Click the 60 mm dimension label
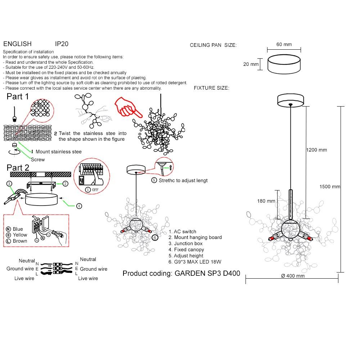284,44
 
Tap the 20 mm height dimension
251,64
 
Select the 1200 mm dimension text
316,150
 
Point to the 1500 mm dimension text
330,186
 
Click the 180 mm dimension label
266,201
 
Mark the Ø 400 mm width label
292,276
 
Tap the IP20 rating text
62,44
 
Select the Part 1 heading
18,96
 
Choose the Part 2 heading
18,168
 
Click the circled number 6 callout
155,238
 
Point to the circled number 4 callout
79,206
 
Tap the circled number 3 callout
9,184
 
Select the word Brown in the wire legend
20,241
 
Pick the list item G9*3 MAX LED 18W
195,262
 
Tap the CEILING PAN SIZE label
213,45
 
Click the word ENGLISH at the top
17,44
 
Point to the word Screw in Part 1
38,159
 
